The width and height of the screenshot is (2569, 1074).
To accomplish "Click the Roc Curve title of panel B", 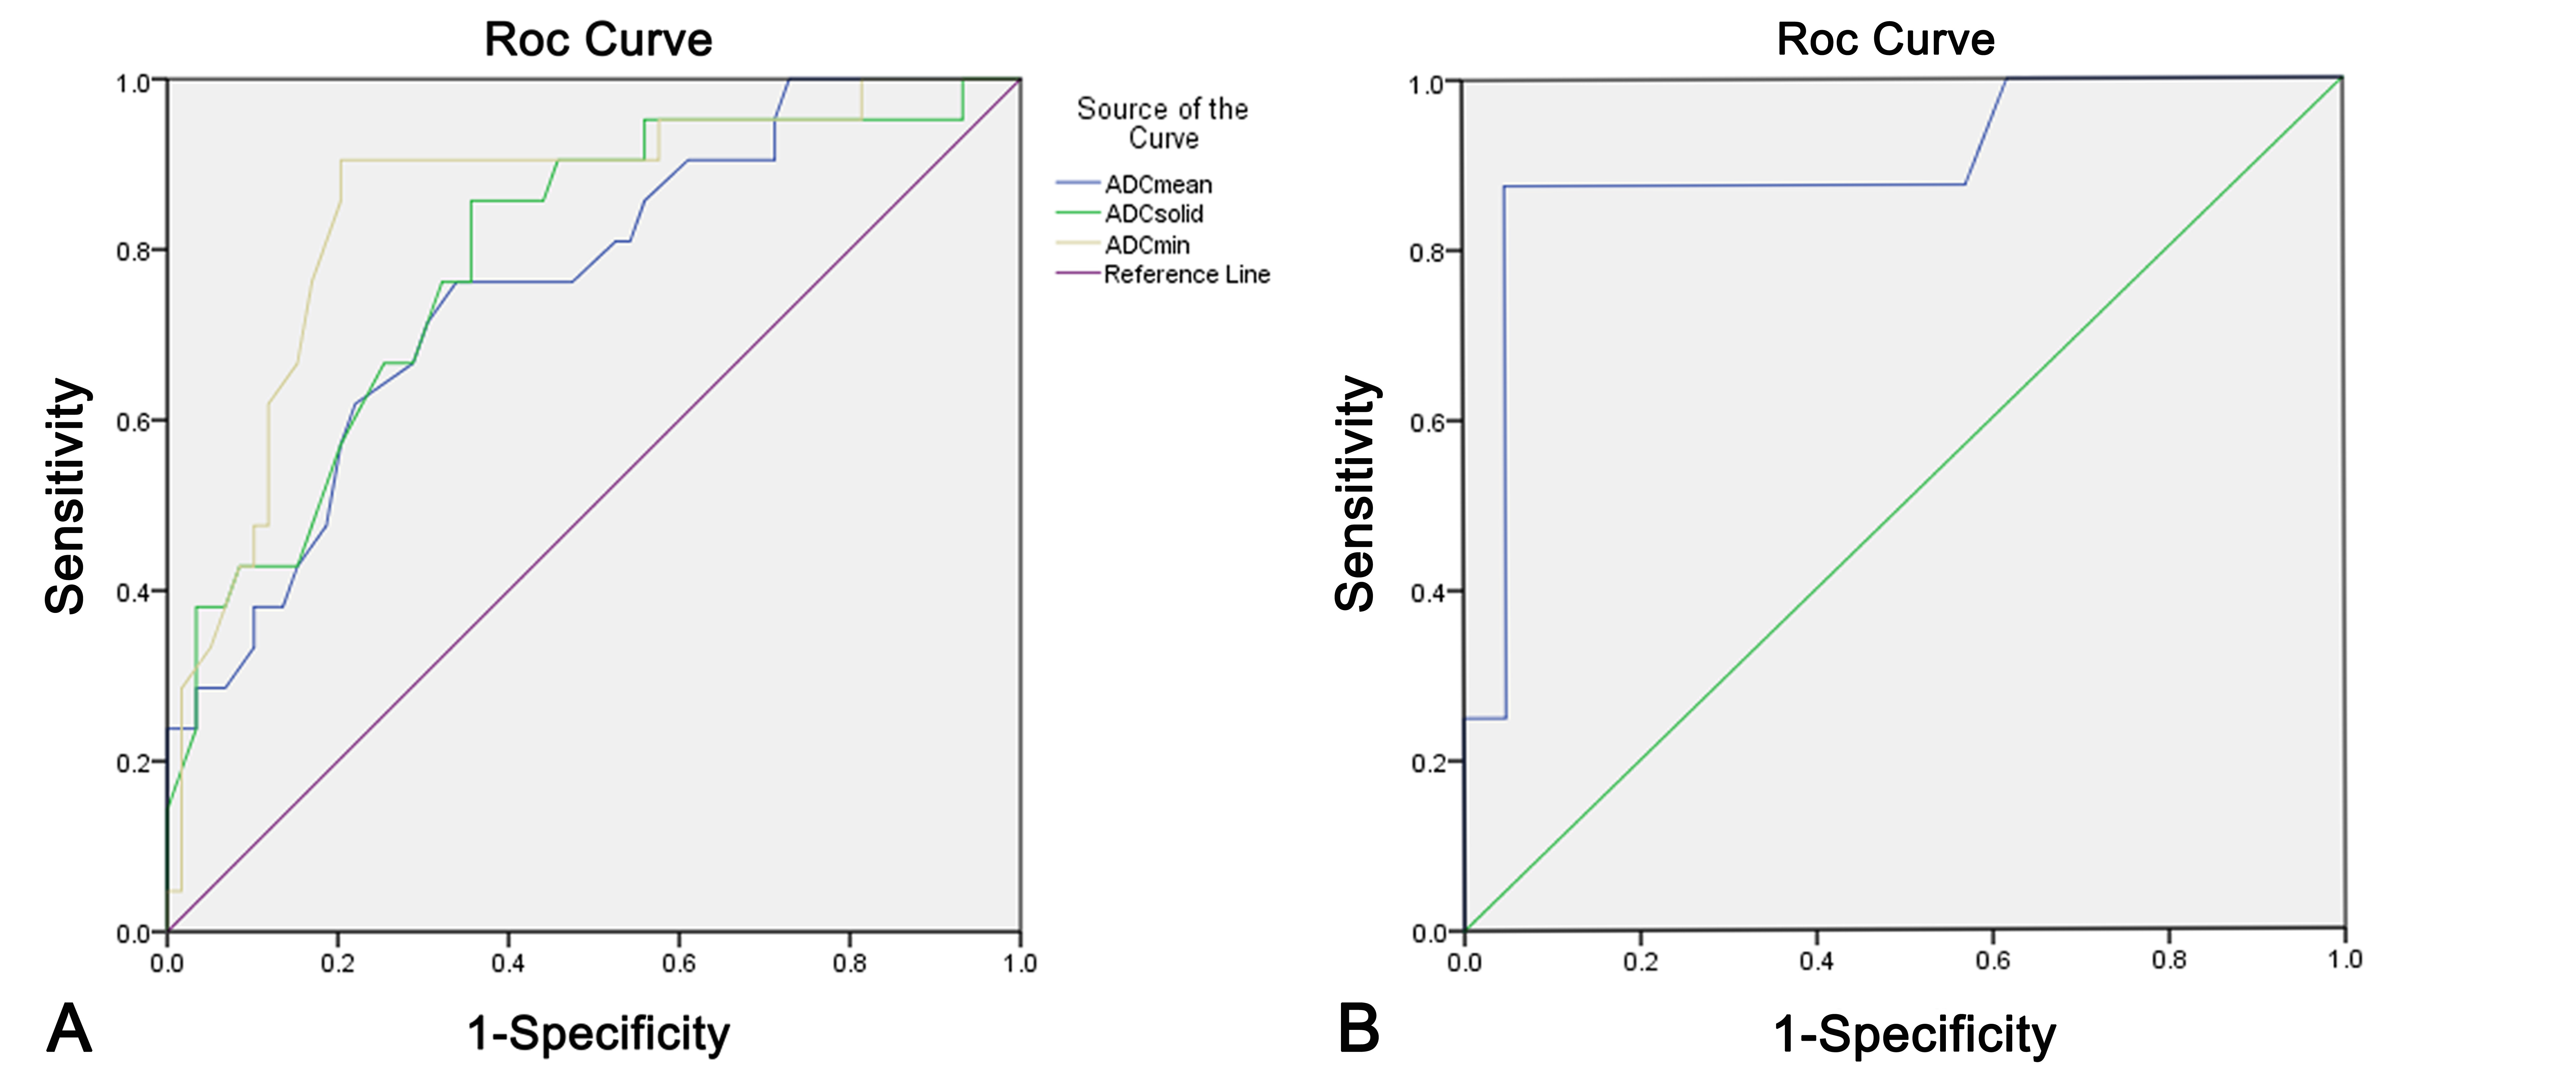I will point(1885,40).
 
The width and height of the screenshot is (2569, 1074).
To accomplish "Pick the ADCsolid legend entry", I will point(1154,213).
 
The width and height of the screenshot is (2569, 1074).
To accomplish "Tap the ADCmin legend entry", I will point(1147,244).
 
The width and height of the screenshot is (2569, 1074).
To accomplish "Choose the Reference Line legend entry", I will point(1187,274).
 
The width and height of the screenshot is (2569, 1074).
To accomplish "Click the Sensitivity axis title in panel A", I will point(66,496).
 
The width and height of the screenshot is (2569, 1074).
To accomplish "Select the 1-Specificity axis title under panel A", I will point(599,1033).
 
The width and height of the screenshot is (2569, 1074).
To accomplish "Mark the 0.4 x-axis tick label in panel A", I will point(508,963).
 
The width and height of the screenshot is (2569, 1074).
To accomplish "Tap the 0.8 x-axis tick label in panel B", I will point(2168,960).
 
